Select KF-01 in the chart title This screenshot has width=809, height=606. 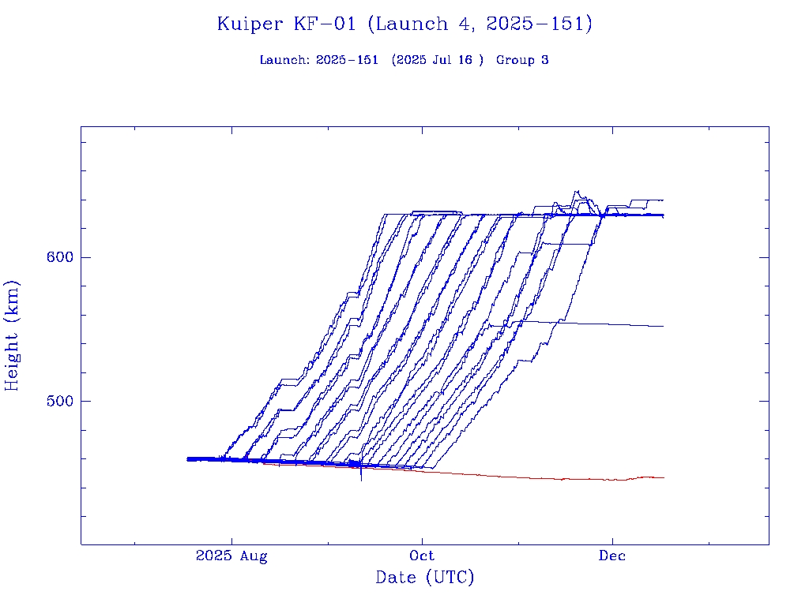[323, 24]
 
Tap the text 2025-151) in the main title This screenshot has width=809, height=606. [539, 24]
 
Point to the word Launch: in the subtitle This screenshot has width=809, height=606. [284, 60]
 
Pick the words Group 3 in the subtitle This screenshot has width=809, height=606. [522, 60]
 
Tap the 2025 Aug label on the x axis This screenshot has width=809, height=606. [231, 556]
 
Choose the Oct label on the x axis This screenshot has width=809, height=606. [423, 556]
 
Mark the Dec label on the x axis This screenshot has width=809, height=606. [612, 556]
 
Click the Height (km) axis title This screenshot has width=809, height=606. [13, 335]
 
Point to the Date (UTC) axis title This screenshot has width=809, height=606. [425, 578]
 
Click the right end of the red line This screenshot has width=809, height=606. [663, 477]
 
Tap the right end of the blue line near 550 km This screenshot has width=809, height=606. [663, 326]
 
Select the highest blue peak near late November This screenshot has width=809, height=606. [576, 191]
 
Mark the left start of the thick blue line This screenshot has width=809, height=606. [188, 458]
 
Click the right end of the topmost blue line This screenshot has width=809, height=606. [662, 200]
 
